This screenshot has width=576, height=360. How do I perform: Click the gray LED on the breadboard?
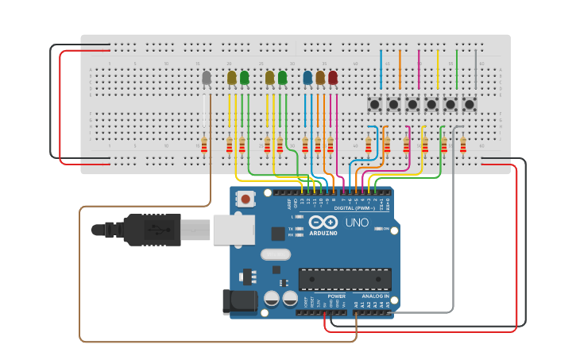click(207, 78)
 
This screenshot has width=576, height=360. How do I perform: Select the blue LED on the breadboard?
click(307, 78)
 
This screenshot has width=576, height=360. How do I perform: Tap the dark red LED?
click(333, 78)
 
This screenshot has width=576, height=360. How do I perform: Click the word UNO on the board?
click(357, 223)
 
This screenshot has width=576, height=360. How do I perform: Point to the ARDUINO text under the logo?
click(324, 233)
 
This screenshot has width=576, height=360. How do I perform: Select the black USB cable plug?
click(151, 230)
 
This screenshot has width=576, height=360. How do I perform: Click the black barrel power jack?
click(242, 300)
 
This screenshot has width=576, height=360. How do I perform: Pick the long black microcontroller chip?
click(345, 279)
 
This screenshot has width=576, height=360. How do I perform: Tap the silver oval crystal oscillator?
click(275, 255)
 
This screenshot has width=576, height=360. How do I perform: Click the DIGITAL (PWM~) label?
click(352, 208)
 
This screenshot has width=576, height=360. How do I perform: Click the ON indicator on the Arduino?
click(385, 229)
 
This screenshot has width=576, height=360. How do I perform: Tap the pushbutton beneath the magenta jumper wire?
click(412, 104)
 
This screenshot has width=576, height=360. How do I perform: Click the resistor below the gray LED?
click(204, 145)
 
